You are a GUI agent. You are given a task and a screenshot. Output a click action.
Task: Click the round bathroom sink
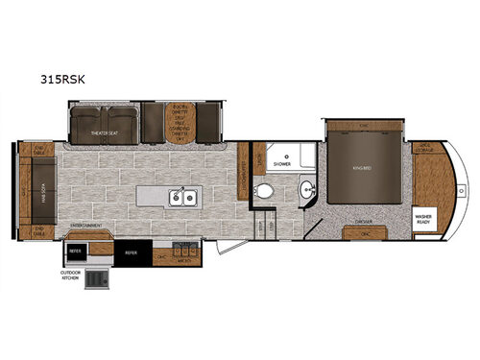306,187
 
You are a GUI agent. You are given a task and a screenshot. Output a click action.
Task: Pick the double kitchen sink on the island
181,198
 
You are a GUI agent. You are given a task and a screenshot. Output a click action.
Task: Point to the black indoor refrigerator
131,252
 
